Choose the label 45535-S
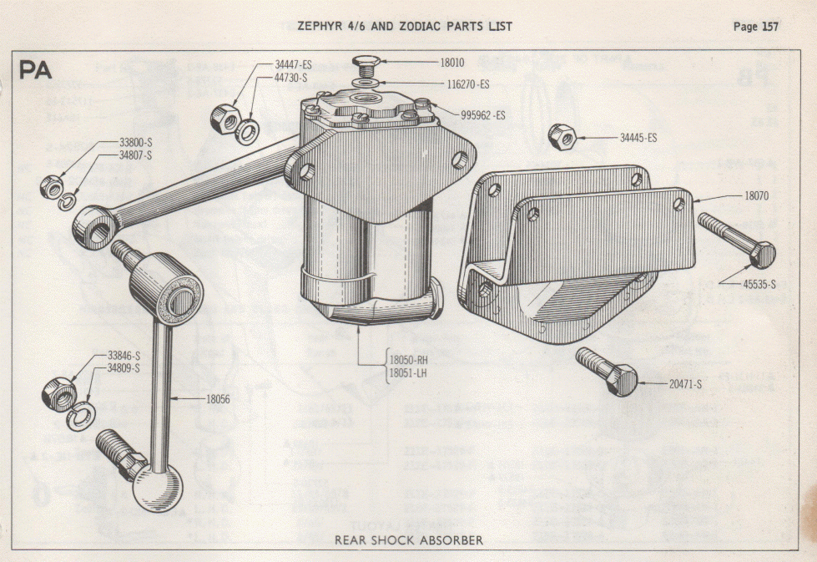click(x=760, y=284)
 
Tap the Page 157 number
click(x=756, y=27)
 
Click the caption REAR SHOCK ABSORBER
click(x=408, y=540)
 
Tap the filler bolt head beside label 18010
click(x=366, y=62)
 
